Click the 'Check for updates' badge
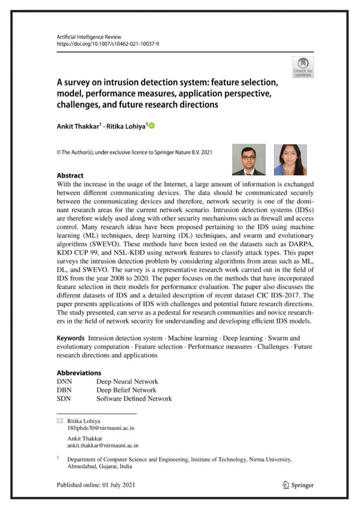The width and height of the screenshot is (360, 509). coord(303,67)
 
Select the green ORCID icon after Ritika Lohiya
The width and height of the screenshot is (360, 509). coord(152,126)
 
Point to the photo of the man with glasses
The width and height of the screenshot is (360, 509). coord(249,160)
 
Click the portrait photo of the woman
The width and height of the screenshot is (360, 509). coord(290,160)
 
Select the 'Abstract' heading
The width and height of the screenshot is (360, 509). coord(70,175)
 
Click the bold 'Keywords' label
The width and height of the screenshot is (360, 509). coord(70,338)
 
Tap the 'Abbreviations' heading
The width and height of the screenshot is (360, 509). coord(79,373)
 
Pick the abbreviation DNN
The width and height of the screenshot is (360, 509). coord(65,382)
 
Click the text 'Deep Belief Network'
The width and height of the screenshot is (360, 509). coord(126,390)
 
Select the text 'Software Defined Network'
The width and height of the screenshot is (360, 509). coord(134,399)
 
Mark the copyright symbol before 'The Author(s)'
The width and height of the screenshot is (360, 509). coord(59,153)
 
